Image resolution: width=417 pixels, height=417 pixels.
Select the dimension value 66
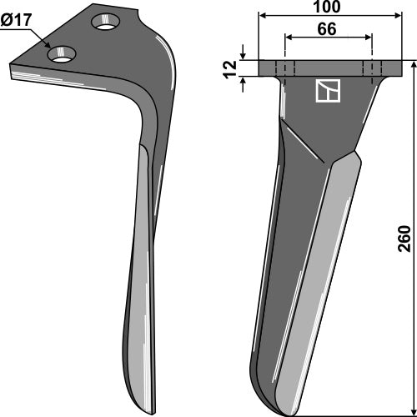point(328,30)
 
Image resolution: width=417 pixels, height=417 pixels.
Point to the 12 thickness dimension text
point(230,68)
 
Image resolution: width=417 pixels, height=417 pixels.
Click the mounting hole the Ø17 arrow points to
point(63,55)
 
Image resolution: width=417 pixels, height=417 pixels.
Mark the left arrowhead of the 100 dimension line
point(263,16)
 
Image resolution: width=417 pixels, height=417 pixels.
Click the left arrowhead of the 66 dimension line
point(288,38)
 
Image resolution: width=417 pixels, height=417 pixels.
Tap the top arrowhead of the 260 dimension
point(411,63)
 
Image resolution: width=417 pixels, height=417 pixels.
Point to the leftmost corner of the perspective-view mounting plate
point(10,70)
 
